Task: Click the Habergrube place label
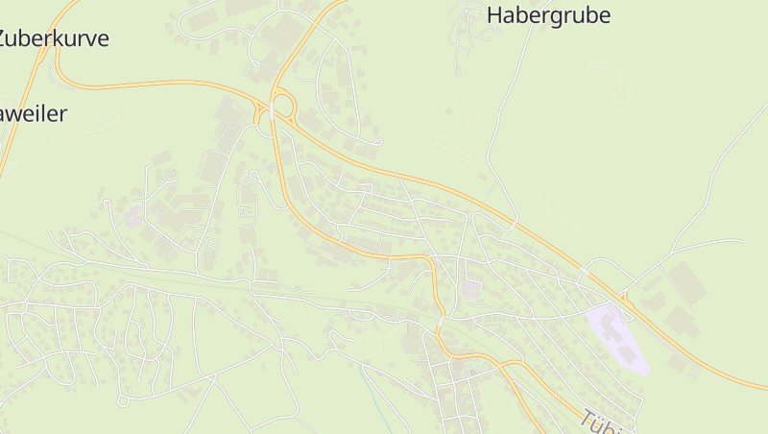coord(548,15)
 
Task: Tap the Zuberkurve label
coord(53,38)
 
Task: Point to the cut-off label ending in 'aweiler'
coord(34,113)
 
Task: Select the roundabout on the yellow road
coord(282,103)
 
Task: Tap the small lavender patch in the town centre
coord(471,289)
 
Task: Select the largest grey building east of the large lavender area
coord(686,283)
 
